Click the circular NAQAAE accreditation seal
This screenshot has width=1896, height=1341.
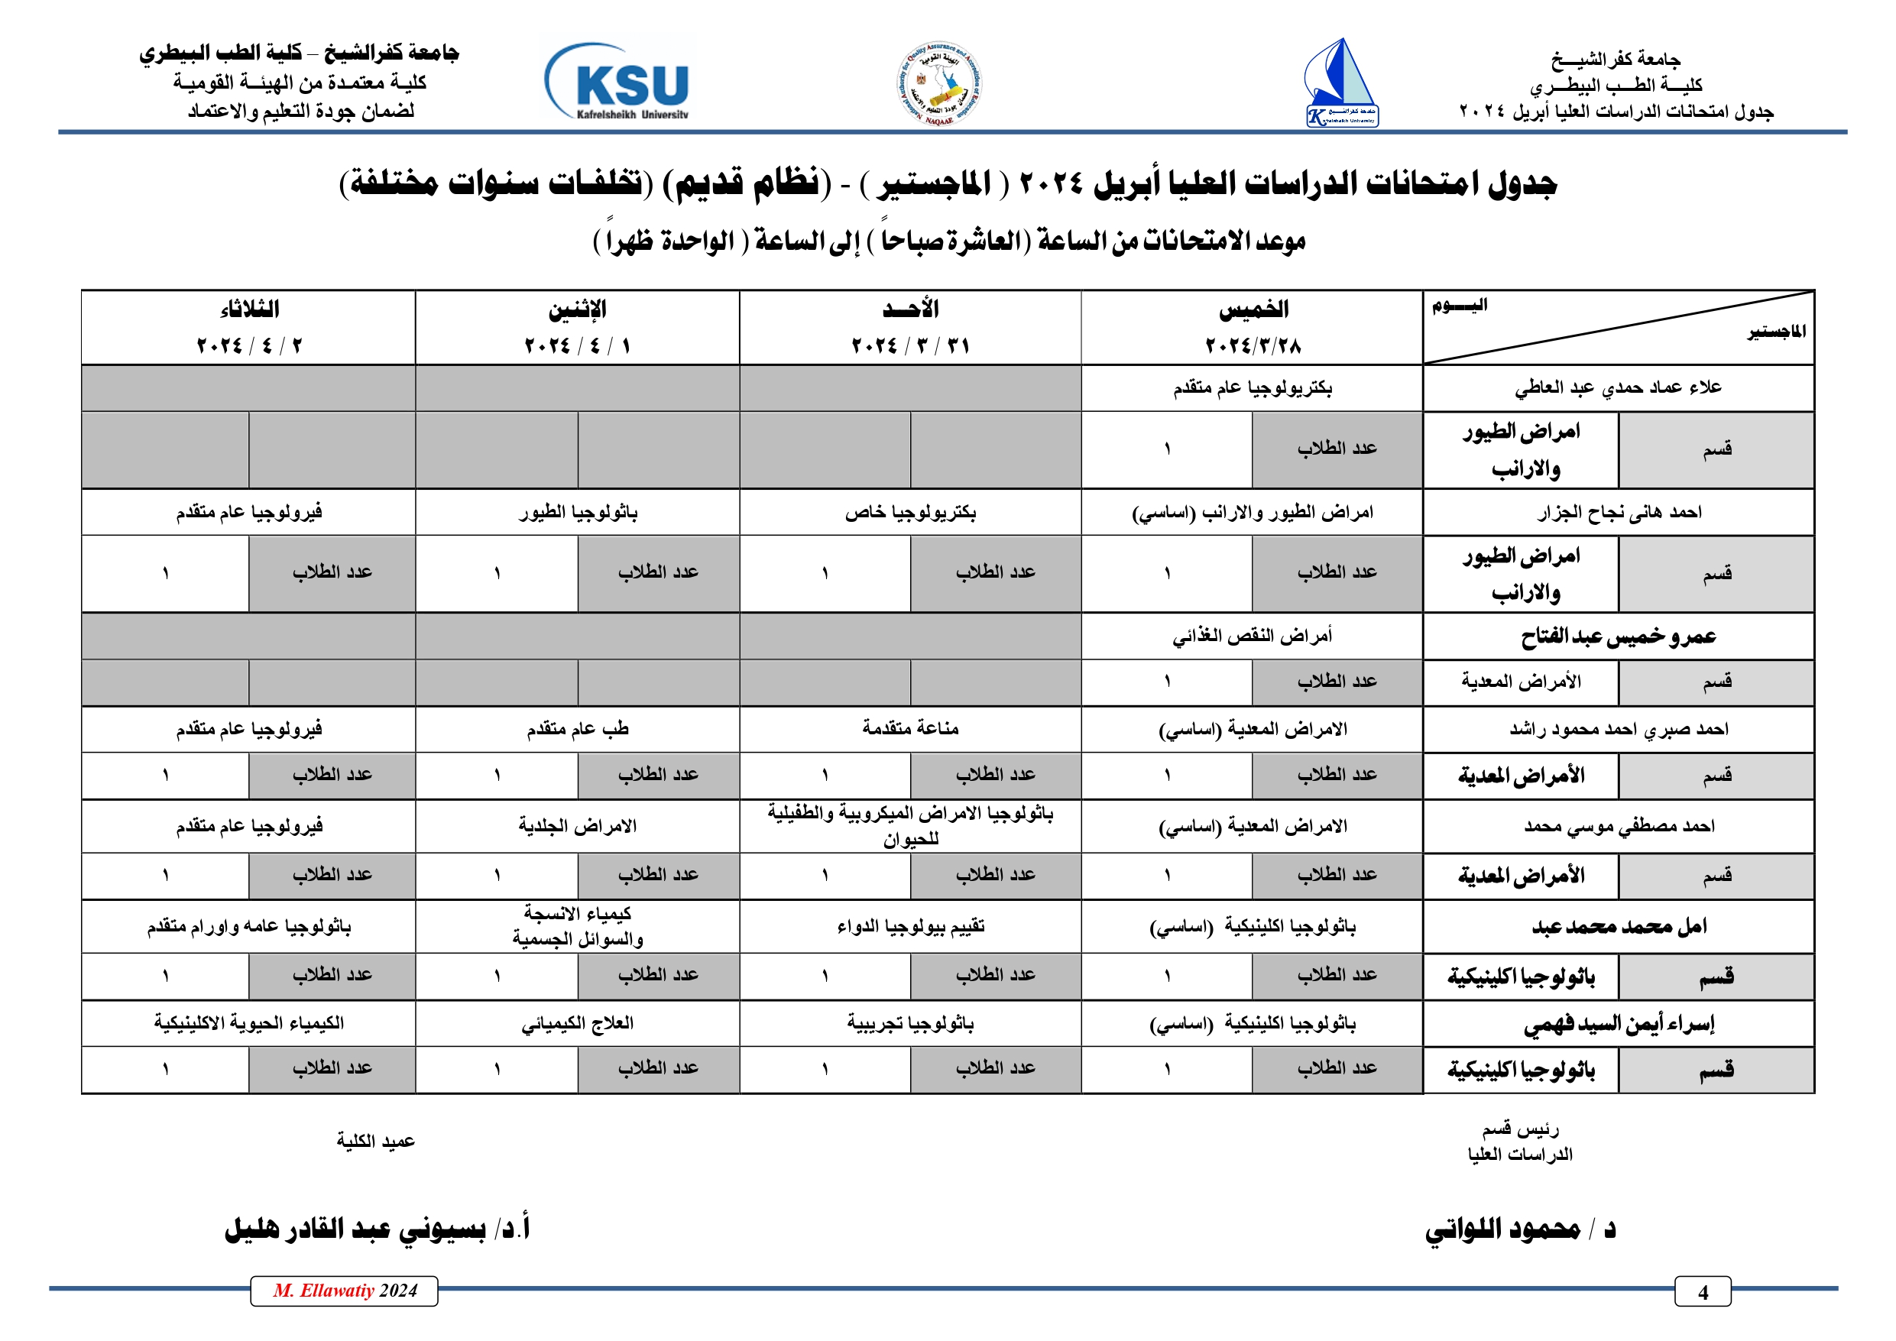(940, 83)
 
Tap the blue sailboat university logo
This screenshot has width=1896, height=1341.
(1341, 83)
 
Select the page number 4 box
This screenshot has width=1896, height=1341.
(1702, 1292)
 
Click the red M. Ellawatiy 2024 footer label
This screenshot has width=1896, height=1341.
(345, 1291)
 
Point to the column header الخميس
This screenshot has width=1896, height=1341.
(1253, 309)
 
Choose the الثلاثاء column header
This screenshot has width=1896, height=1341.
(248, 309)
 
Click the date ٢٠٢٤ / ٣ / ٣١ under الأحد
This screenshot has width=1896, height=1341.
(910, 345)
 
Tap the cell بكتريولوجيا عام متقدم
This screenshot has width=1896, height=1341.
(1252, 388)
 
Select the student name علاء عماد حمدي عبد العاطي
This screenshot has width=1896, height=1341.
(1618, 388)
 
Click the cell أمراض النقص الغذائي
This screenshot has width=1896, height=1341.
(1252, 636)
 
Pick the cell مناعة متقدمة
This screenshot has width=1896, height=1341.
(910, 728)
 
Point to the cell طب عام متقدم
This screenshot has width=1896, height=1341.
(577, 728)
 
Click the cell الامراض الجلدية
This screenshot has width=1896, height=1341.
(577, 826)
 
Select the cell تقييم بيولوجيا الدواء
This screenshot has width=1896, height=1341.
(910, 927)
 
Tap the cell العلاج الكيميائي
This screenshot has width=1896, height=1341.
(577, 1024)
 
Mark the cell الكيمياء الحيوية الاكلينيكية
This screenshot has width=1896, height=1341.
(248, 1024)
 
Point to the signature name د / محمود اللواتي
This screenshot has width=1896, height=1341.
(1519, 1229)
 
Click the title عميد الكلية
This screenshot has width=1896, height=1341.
(376, 1141)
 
